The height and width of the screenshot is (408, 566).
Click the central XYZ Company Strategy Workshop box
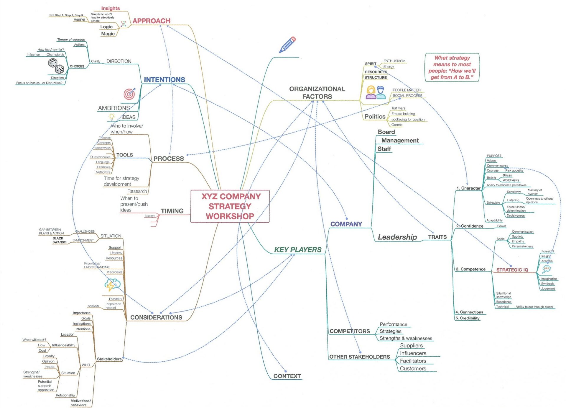[x=230, y=206]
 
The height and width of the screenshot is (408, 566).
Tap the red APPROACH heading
[x=151, y=21]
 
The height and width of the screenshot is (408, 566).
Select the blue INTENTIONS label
[x=164, y=80]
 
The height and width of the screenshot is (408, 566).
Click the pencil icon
[x=287, y=45]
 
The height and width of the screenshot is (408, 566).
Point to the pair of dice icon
[x=56, y=66]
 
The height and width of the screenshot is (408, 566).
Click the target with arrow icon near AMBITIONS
[x=129, y=94]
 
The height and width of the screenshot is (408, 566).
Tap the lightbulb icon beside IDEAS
[x=111, y=117]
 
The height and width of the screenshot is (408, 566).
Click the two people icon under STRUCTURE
[x=376, y=92]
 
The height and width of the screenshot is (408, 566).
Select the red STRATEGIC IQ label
[x=512, y=270]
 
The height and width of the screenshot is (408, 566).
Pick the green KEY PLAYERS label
[x=298, y=250]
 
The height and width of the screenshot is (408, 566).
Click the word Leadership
[x=397, y=237]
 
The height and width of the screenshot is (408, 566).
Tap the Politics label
[x=375, y=117]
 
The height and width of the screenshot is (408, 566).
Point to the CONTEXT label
[x=287, y=376]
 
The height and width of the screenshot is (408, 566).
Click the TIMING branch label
[x=172, y=211]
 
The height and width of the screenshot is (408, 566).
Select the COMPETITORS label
[x=350, y=331]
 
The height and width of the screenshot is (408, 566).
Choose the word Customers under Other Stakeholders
[x=413, y=368]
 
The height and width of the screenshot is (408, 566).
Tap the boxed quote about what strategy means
[x=452, y=68]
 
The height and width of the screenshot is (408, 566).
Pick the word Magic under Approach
[x=108, y=34]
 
